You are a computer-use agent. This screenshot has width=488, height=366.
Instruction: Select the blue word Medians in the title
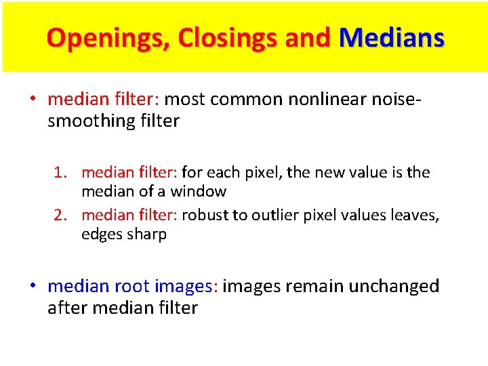(391, 38)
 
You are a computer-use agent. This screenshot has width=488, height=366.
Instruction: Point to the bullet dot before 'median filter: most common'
(33, 100)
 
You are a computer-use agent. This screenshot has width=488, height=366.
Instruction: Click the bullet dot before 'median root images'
(33, 286)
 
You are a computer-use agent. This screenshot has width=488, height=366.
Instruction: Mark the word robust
(204, 216)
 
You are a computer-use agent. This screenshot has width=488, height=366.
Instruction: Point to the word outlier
(275, 216)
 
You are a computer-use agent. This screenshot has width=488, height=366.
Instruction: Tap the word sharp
(146, 235)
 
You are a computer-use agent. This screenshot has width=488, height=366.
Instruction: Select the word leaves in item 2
(414, 216)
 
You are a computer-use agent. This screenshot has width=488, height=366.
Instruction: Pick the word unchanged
(394, 286)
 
